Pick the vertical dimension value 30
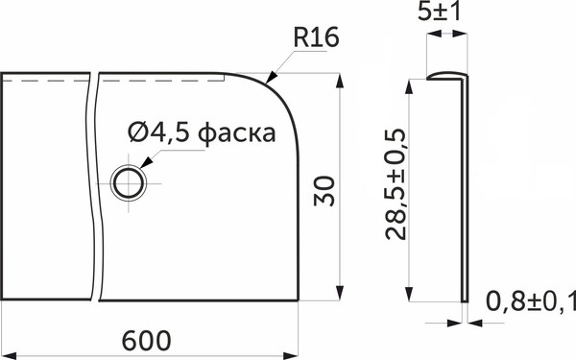pos(326,187)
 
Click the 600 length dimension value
pos(147,341)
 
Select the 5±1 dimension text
pos(445,13)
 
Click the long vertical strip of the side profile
pos(465,192)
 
